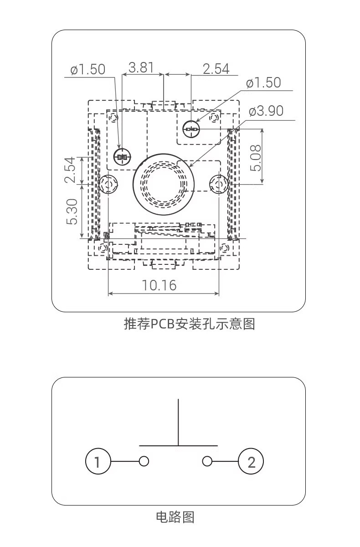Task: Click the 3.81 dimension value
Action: [141, 68]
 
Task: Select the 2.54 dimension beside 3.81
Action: [216, 69]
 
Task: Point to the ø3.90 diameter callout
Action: [266, 111]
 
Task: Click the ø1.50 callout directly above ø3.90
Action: [263, 83]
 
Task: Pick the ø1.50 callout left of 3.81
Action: [87, 69]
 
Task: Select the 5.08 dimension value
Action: [256, 157]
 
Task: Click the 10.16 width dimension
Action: [159, 285]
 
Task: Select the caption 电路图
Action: [175, 517]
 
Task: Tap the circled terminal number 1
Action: [98, 462]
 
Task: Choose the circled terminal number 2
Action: [251, 462]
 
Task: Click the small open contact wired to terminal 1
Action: [144, 461]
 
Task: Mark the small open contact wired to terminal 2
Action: [207, 461]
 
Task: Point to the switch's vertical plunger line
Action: [178, 422]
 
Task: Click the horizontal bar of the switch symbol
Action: [178, 445]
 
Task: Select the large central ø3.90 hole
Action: [160, 184]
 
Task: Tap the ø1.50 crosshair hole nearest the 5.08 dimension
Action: [191, 129]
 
